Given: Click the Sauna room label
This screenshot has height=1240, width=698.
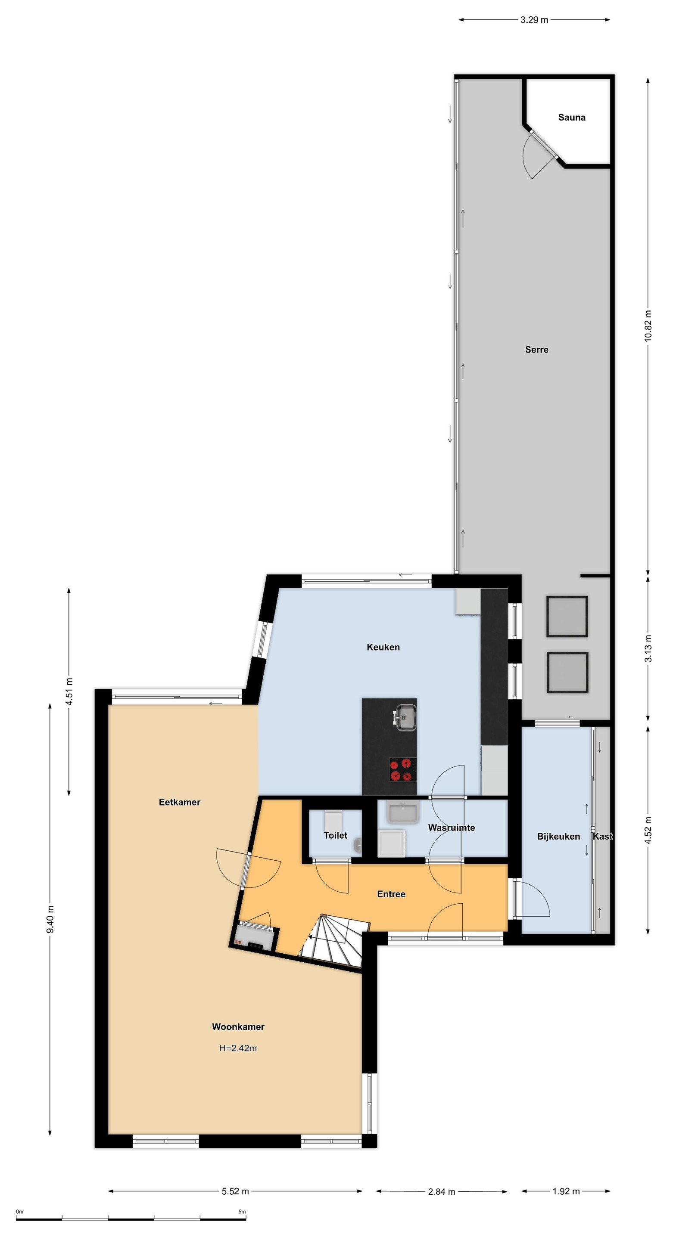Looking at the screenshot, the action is click(x=572, y=118).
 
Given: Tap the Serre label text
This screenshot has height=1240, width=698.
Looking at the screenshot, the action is click(x=536, y=350).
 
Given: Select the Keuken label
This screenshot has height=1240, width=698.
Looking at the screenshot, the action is click(x=383, y=648).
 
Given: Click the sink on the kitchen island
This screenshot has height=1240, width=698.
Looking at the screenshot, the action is click(x=405, y=717).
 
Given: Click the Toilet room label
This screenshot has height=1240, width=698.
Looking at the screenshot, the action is click(x=335, y=836).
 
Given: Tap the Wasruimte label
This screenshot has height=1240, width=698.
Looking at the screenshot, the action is click(x=452, y=828).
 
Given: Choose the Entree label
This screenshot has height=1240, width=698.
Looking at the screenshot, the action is click(x=391, y=894).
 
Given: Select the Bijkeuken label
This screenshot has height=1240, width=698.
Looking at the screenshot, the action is click(x=558, y=837).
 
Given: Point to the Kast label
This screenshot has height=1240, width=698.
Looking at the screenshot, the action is click(x=603, y=837).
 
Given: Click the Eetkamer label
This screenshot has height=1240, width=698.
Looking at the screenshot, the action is click(x=179, y=803).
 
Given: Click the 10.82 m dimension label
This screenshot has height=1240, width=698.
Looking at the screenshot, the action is click(x=648, y=325).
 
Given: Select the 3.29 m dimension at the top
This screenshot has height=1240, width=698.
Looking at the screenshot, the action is click(x=534, y=20).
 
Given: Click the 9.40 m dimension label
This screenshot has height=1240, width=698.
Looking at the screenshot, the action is click(x=50, y=919).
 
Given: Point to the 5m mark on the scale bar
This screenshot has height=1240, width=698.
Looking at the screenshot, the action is click(x=242, y=1212).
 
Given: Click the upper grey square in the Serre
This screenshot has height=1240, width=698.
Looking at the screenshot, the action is click(x=567, y=617).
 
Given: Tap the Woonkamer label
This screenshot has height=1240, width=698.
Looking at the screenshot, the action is click(x=238, y=1027).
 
